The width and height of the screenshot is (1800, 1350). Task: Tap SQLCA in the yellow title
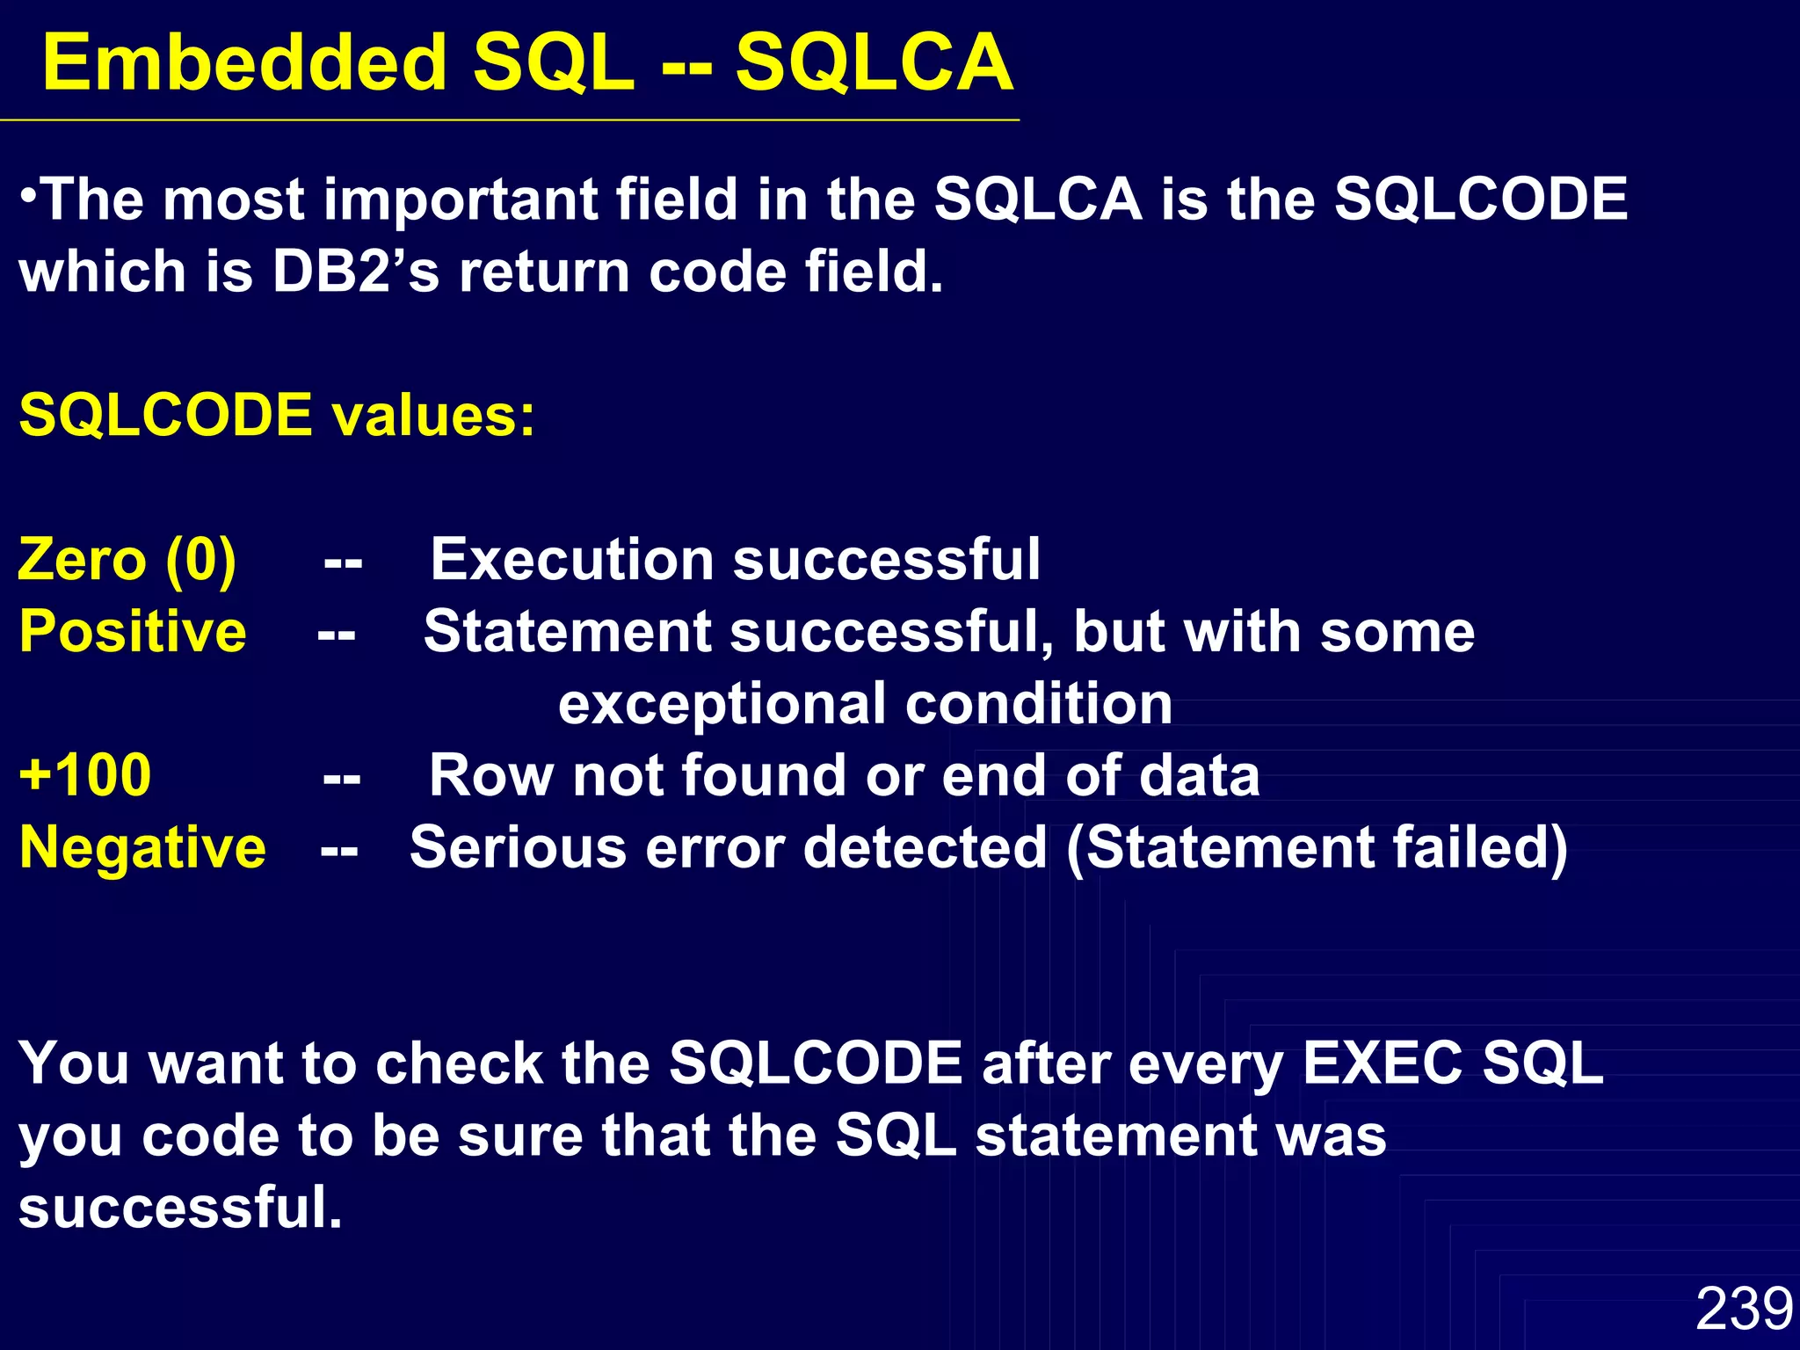pos(875,63)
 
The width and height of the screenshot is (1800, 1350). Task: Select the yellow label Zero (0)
pos(127,560)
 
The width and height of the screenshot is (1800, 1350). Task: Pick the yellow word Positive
pos(133,632)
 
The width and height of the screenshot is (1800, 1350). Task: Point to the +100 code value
pos(85,776)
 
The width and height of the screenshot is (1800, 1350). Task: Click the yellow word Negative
pos(142,848)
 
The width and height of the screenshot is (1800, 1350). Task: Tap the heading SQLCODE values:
pos(277,415)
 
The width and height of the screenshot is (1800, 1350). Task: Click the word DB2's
pos(355,272)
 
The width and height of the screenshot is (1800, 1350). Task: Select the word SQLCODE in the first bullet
pos(1480,200)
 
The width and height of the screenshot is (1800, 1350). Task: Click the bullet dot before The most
pos(29,192)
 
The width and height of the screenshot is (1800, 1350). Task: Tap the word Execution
pos(571,560)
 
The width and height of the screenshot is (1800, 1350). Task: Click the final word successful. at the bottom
pos(180,1208)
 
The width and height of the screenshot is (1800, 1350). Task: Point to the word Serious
pos(518,848)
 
